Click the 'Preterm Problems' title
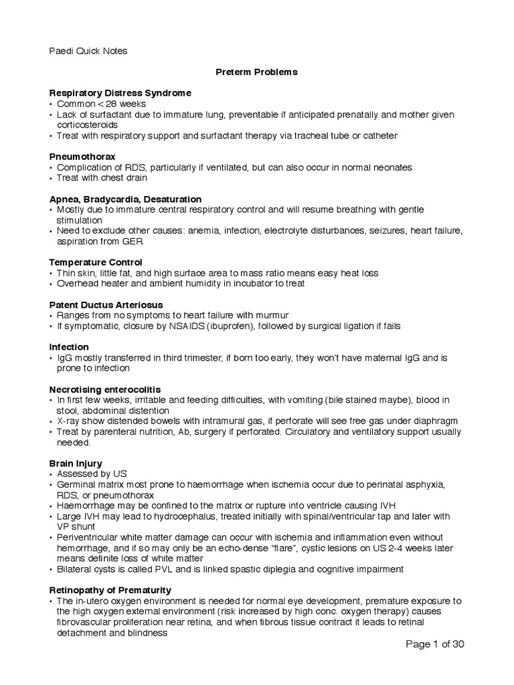257,72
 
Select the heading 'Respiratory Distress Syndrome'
120,93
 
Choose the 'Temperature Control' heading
96,263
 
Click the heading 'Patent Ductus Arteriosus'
106,305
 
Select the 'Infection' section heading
69,347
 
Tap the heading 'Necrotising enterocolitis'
105,389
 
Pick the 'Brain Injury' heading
75,463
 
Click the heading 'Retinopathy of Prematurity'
110,590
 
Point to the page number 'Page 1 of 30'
435,644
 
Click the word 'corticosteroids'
87,125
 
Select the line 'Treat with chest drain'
102,178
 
